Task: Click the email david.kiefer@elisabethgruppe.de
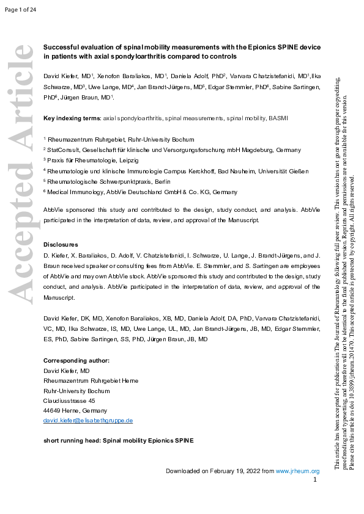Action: click(x=88, y=421)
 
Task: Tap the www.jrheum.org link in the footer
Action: click(x=297, y=471)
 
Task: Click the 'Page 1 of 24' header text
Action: click(x=20, y=9)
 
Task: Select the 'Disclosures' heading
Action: click(x=61, y=244)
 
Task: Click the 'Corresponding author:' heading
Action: click(x=76, y=360)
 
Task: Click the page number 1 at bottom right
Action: click(x=314, y=480)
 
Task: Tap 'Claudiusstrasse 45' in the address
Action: click(x=69, y=400)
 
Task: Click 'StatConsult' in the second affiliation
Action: click(x=62, y=150)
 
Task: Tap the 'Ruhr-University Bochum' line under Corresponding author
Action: click(x=76, y=391)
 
